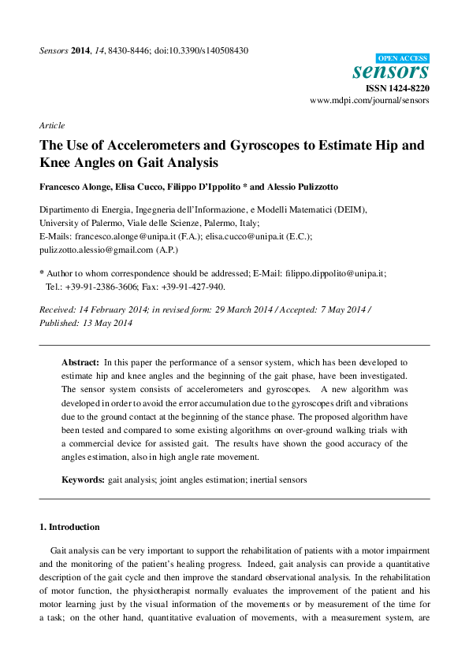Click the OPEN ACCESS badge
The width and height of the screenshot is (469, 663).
click(402, 58)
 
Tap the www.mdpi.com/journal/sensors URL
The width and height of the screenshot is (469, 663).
click(369, 102)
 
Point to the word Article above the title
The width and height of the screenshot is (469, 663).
click(51, 125)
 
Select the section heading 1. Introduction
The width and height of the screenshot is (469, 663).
click(69, 527)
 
